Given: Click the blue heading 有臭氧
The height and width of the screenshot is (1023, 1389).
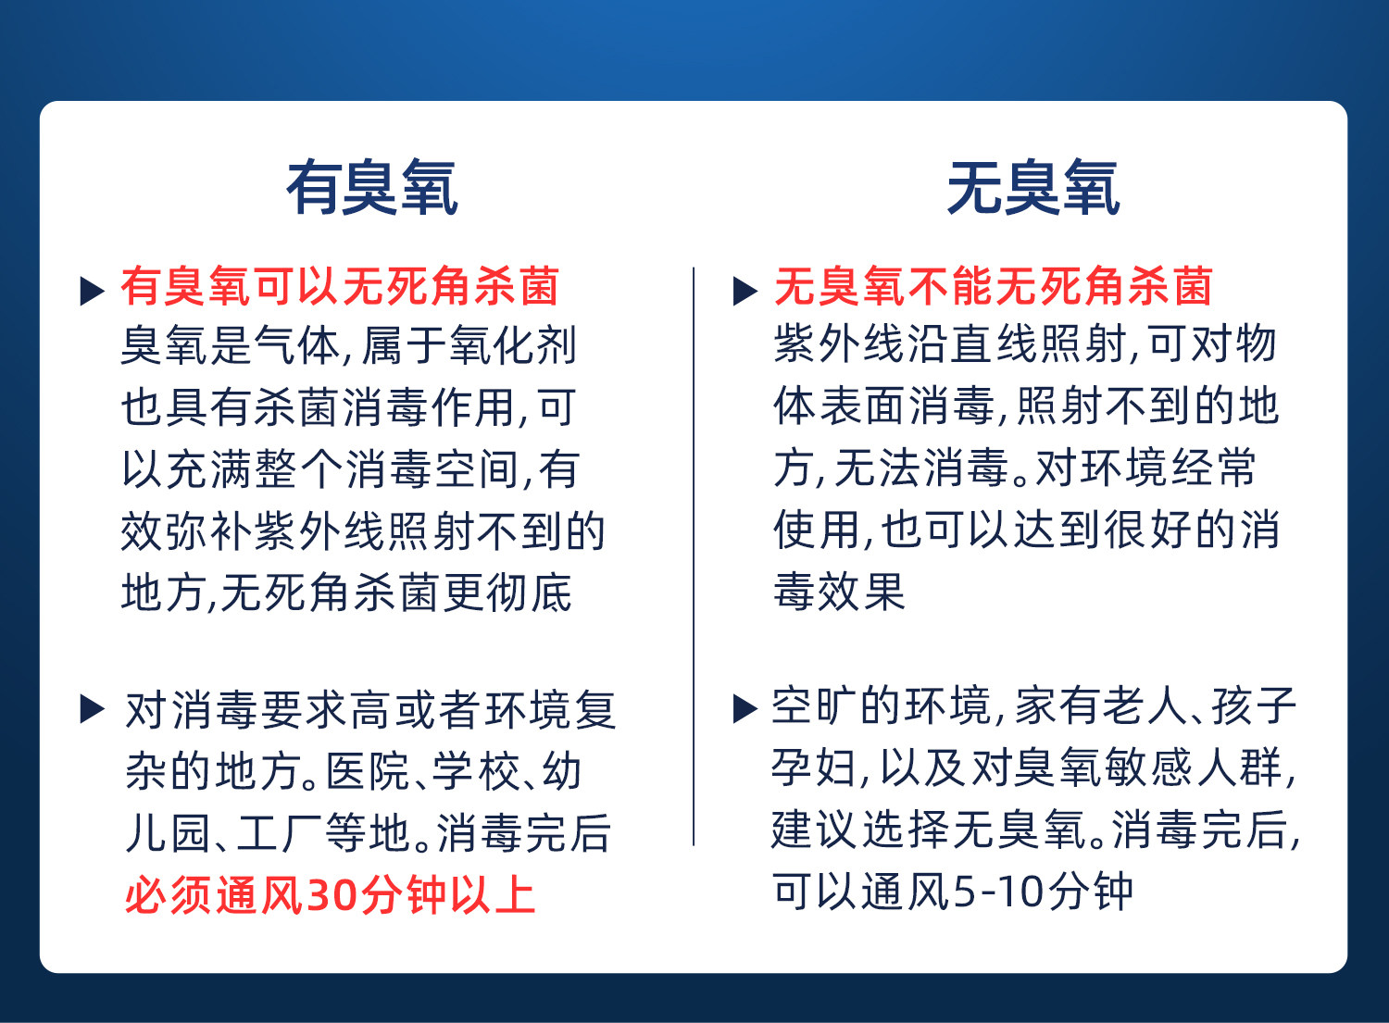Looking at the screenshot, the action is click(x=372, y=187).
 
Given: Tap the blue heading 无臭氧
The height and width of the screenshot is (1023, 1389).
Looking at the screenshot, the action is click(x=1033, y=187).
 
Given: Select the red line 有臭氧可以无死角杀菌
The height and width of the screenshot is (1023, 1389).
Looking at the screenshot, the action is click(x=340, y=286).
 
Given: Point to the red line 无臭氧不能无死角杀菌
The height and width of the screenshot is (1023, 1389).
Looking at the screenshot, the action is click(x=993, y=286).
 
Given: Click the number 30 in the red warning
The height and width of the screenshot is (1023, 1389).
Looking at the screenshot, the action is click(x=334, y=895).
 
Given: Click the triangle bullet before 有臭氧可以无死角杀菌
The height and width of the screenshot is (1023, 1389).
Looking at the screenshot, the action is click(x=93, y=291).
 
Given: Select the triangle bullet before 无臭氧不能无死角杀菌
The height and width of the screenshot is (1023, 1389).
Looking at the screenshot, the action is click(x=745, y=291).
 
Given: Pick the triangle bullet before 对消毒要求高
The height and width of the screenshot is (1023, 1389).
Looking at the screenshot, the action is click(x=93, y=709).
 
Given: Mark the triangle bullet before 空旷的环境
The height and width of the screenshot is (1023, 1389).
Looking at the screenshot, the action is click(x=745, y=709).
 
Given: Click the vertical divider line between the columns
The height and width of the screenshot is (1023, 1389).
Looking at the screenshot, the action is click(x=694, y=556).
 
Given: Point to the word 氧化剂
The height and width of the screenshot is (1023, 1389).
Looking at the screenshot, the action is click(x=512, y=344).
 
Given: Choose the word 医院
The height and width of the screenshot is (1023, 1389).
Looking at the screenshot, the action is click(x=368, y=771).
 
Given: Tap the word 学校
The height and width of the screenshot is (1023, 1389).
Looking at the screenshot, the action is click(x=475, y=771).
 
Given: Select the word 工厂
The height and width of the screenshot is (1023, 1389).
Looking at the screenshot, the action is click(x=279, y=832).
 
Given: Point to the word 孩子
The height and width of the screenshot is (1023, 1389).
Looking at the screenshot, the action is click(x=1254, y=706).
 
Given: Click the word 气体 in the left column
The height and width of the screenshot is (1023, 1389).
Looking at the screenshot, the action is click(x=297, y=344).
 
